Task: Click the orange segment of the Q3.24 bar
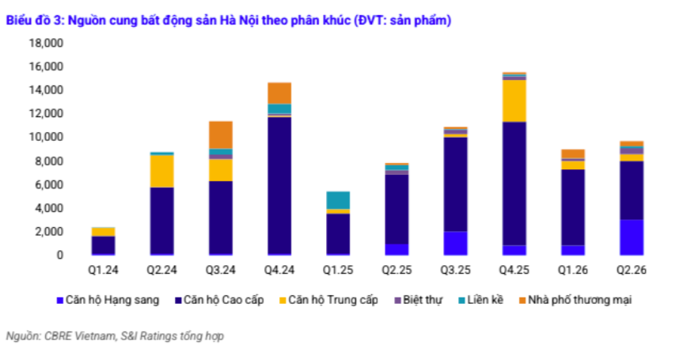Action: click(x=221, y=135)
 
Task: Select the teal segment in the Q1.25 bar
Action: click(x=338, y=200)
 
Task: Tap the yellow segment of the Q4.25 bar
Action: click(x=514, y=100)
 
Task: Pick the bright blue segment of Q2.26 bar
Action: click(x=632, y=237)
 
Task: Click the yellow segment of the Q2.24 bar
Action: click(x=162, y=172)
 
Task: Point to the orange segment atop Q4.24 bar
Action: click(x=279, y=93)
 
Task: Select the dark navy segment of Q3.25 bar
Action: click(x=456, y=184)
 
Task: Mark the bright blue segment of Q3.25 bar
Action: click(x=456, y=243)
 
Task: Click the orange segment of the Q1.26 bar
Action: click(x=573, y=154)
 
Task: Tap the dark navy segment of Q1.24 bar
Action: click(x=103, y=245)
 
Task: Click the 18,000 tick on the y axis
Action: click(x=46, y=44)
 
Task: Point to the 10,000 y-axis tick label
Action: click(x=46, y=137)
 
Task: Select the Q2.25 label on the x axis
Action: click(x=396, y=270)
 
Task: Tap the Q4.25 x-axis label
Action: click(x=514, y=270)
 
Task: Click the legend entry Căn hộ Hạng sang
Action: click(x=108, y=300)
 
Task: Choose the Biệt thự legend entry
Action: click(x=419, y=300)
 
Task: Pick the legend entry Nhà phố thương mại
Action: click(x=575, y=300)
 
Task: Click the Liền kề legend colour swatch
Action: click(x=462, y=301)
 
